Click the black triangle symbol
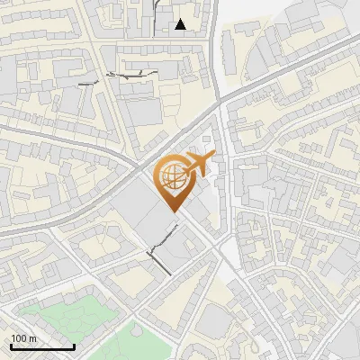pos(181,24)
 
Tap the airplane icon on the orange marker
pos(198,164)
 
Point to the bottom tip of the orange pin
pos(174,211)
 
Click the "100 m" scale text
pos(23,338)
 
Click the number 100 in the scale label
pos(19,338)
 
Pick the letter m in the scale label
pos(32,338)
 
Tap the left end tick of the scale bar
pos(11,346)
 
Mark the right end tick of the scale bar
pos(74,346)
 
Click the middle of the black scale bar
pos(42,347)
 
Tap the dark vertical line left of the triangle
pos(154,15)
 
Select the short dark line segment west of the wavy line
pos(86,83)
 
